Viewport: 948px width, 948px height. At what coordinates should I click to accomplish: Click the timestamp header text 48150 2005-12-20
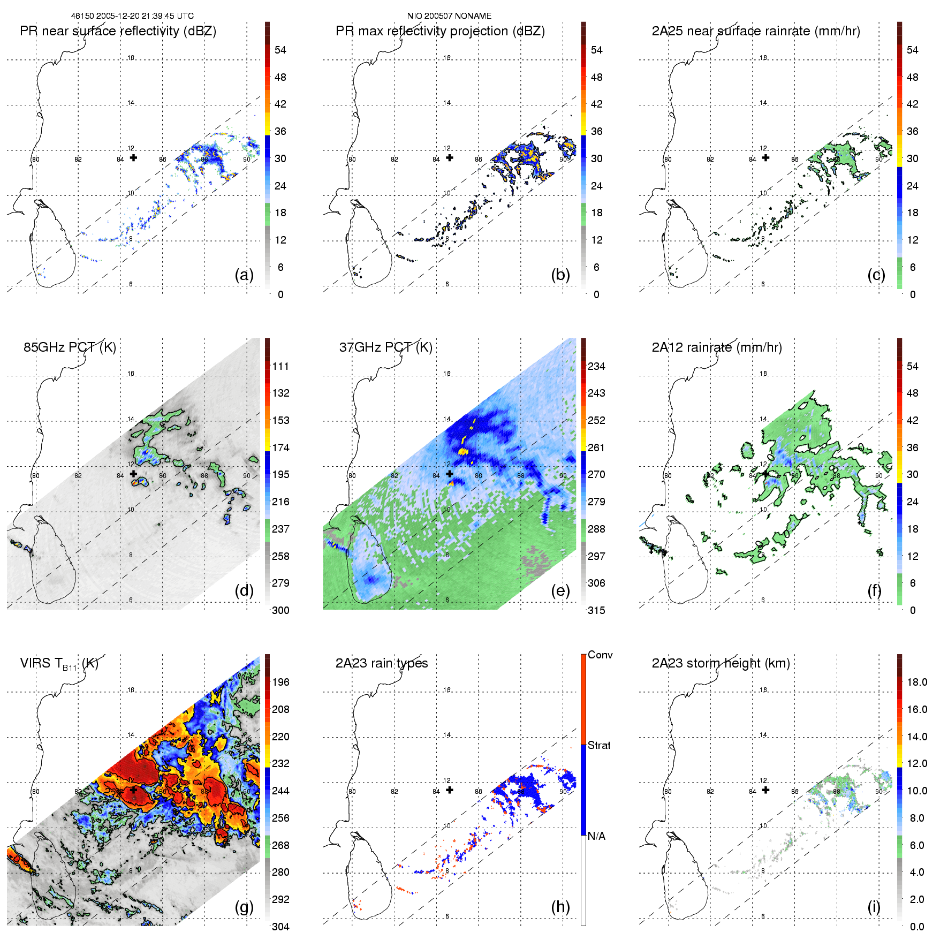(x=132, y=16)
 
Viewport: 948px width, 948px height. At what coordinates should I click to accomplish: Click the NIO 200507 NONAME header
(x=449, y=16)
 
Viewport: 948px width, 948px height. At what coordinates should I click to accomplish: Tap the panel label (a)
(x=244, y=275)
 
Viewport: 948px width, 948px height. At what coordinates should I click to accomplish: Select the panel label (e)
(x=560, y=591)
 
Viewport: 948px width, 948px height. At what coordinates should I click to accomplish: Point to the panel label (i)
(x=874, y=907)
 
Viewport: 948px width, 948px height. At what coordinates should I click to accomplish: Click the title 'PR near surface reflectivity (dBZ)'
(x=118, y=31)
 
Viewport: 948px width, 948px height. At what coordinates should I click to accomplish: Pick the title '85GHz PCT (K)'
(x=70, y=347)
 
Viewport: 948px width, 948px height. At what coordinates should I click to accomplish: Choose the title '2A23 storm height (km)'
(x=721, y=663)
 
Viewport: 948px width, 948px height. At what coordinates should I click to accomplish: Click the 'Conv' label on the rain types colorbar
(x=600, y=655)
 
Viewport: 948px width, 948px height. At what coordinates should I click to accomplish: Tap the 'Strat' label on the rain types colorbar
(x=599, y=746)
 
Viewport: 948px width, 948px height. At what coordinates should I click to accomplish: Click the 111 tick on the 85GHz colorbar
(x=280, y=367)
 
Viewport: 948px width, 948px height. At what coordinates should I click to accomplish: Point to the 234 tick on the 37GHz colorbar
(x=596, y=367)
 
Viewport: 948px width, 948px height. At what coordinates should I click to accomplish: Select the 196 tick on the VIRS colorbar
(x=280, y=682)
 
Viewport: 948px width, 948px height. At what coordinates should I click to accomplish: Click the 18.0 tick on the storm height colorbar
(x=917, y=682)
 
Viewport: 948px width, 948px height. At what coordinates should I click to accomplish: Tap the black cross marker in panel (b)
(x=450, y=158)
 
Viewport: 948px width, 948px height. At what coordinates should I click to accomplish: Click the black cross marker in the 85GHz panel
(x=133, y=474)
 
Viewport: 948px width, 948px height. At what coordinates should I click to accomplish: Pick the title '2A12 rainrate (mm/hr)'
(x=717, y=347)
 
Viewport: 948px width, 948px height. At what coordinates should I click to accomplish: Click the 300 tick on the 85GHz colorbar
(x=280, y=611)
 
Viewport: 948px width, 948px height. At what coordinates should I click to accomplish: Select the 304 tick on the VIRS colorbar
(x=280, y=927)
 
